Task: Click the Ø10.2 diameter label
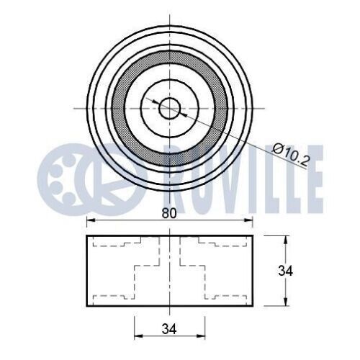click(290, 155)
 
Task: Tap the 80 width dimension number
click(169, 213)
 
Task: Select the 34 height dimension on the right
click(286, 271)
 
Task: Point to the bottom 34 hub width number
click(169, 329)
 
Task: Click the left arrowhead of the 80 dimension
click(91, 220)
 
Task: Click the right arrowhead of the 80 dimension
click(248, 220)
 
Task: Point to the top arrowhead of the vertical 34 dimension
click(286, 240)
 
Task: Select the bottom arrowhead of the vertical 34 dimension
click(286, 302)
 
